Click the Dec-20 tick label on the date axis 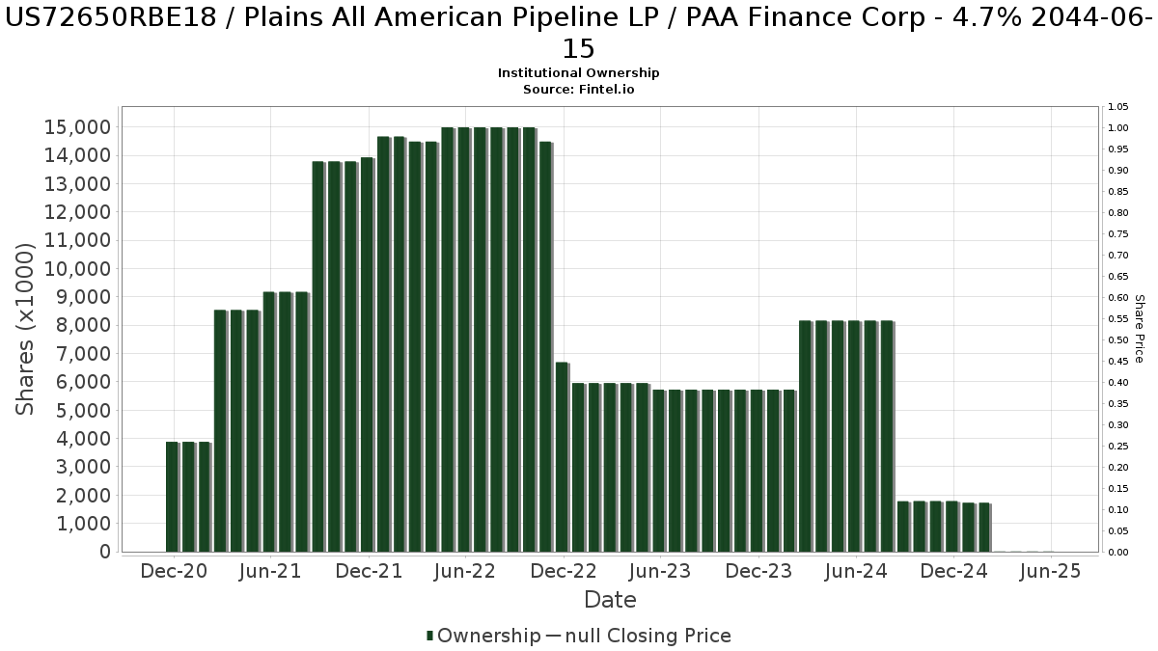[174, 571]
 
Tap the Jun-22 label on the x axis [465, 571]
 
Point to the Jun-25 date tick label [1050, 571]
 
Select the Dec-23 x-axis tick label [758, 571]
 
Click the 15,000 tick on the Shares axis [78, 127]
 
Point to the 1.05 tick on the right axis [1118, 107]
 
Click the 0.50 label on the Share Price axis [1118, 340]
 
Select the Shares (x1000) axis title [26, 329]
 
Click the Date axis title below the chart [610, 600]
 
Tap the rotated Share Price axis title [1139, 329]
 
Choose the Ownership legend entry [483, 636]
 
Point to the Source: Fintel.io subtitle [579, 89]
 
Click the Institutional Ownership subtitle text [579, 73]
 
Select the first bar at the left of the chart [172, 497]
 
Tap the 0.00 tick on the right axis [1118, 553]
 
